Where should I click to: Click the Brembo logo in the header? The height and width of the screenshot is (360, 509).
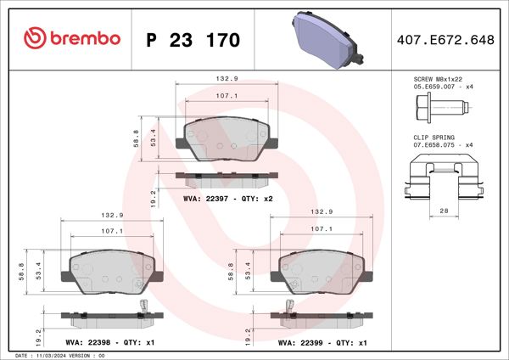[x=72, y=39]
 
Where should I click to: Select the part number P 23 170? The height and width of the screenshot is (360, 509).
[x=193, y=40]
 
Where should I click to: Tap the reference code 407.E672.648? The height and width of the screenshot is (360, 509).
[x=444, y=40]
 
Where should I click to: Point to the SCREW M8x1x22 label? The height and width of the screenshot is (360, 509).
[x=439, y=78]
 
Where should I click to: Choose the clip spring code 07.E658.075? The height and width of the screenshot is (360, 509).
[x=433, y=145]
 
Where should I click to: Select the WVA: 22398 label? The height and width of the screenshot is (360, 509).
[x=89, y=343]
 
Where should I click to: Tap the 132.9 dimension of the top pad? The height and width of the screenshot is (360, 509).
[x=227, y=79]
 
